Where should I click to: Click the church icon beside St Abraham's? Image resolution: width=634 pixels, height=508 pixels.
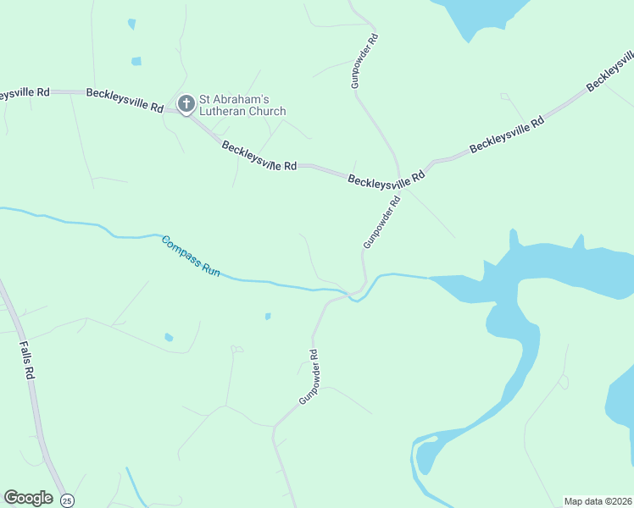pos(186,104)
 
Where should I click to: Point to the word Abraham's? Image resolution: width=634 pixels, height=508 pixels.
pos(242,99)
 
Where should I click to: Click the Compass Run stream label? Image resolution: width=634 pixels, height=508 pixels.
pos(192,256)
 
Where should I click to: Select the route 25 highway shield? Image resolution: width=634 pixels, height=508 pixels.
pos(67,500)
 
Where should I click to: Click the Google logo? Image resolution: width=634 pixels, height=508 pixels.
pos(28,498)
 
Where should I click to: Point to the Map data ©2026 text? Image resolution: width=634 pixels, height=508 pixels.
pos(598,500)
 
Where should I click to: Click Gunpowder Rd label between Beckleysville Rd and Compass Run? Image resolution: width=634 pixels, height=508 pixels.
pos(381,223)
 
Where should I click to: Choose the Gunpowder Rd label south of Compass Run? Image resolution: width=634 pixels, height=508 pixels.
pos(308,376)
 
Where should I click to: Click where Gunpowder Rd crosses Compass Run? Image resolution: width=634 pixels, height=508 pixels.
pos(356,295)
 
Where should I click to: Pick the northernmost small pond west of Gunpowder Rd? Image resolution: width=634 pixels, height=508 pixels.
pos(131,24)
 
